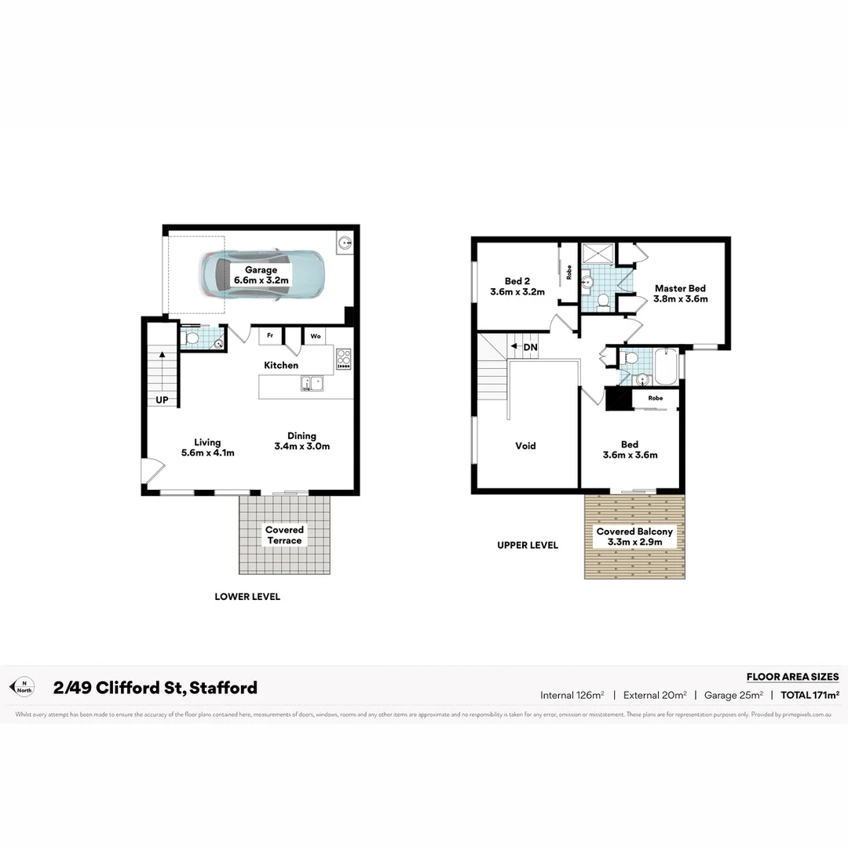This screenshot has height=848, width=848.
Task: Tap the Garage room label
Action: click(261, 275)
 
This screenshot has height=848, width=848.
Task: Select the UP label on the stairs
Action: click(162, 400)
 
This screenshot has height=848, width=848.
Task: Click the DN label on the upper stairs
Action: click(530, 347)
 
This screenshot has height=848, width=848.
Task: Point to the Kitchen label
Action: click(281, 365)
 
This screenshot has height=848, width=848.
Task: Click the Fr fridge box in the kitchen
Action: click(270, 336)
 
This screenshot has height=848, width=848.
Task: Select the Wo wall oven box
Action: click(316, 336)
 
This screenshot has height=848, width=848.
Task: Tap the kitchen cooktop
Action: click(343, 359)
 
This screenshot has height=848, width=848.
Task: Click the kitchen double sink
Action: click(311, 384)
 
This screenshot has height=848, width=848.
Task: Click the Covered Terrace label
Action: click(284, 535)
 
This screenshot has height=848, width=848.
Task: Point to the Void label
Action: click(525, 446)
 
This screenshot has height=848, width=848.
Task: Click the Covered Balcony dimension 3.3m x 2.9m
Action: click(634, 542)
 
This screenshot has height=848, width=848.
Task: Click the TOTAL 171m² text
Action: click(810, 695)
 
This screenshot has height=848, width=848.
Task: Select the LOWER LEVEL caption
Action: click(247, 597)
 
